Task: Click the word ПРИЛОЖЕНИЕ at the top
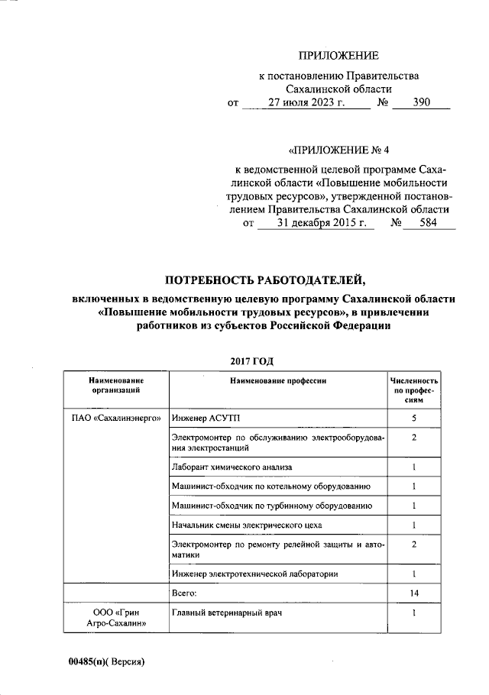pos(338,56)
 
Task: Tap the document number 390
pos(421,104)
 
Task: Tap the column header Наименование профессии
pos(277,380)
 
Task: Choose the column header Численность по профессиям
pos(413,390)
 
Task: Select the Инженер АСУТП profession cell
pos(206,419)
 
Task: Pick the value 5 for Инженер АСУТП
pos(413,419)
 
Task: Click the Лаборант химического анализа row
pos(232,466)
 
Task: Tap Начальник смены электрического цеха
pos(247,525)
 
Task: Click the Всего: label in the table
pos(185,593)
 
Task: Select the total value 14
pos(413,593)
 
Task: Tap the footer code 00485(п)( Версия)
pos(105,661)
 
